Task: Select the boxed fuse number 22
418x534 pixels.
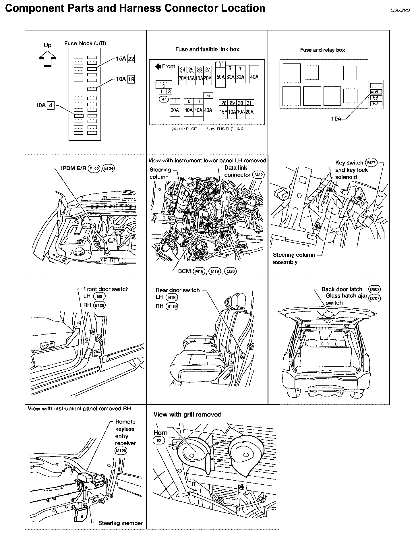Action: coord(131,59)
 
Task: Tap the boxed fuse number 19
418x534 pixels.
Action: coord(131,79)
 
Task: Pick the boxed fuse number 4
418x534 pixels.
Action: coord(51,105)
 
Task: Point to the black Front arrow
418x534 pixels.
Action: coord(158,67)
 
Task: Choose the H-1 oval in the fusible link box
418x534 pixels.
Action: coord(164,99)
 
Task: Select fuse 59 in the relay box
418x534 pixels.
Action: coord(376,92)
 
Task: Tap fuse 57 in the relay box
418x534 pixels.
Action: coord(376,104)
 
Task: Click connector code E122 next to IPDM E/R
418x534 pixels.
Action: coord(94,169)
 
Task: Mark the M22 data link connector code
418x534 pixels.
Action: coord(258,175)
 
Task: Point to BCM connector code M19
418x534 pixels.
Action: coord(214,271)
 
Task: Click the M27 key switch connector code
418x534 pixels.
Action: coord(371,162)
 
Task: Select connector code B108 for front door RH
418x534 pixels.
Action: coord(100,305)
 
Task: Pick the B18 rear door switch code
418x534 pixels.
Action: coord(172,297)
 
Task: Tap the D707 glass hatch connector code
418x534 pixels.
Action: coord(375,298)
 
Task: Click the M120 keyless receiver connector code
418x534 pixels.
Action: coord(121,451)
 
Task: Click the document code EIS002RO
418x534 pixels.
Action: coord(400,10)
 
